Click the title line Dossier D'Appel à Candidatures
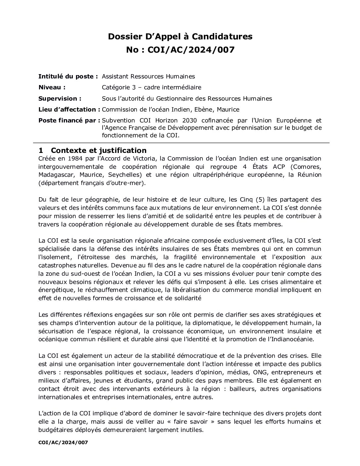click(180, 36)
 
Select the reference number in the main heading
click(191, 50)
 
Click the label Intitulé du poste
click(68, 76)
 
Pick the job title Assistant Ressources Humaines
click(148, 76)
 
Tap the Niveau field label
click(52, 87)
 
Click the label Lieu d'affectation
click(69, 110)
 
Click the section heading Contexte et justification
click(99, 151)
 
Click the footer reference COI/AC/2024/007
click(63, 442)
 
